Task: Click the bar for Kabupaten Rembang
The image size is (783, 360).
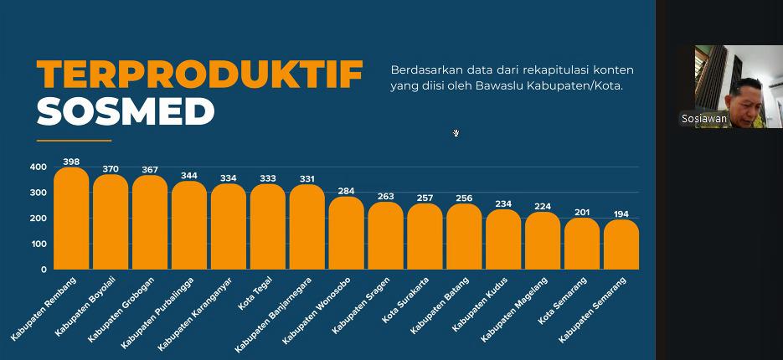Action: click(71, 219)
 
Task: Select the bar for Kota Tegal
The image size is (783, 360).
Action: click(268, 228)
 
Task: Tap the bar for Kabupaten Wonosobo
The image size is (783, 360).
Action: click(346, 234)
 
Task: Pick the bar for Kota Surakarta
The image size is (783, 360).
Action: click(425, 238)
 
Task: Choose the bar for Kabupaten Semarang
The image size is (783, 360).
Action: click(621, 245)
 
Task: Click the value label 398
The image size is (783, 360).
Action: click(71, 161)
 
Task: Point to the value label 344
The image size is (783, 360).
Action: click(189, 176)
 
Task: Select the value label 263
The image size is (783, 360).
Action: click(385, 197)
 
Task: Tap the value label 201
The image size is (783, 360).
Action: click(582, 213)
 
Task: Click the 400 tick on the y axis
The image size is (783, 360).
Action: click(39, 167)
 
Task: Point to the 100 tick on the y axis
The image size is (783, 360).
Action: click(39, 244)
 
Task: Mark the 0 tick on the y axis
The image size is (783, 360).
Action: click(44, 270)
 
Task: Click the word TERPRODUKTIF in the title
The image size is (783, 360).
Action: click(199, 75)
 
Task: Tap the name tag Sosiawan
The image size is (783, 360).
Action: click(703, 119)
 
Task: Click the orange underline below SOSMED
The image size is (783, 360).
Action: click(74, 140)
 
